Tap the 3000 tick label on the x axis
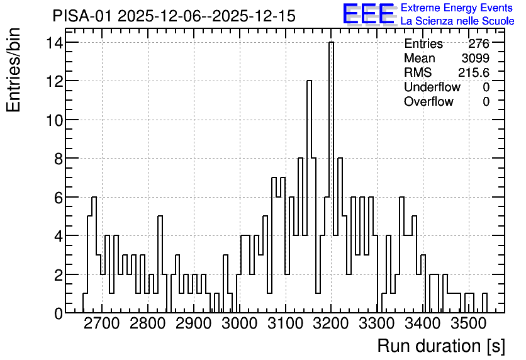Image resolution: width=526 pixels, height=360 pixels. pyautogui.click(x=240, y=323)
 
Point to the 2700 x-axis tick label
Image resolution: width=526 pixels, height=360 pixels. pyautogui.click(x=102, y=323)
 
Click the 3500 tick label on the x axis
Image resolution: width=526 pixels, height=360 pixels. pyautogui.click(x=469, y=323)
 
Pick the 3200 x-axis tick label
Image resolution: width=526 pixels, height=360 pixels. pyautogui.click(x=331, y=323)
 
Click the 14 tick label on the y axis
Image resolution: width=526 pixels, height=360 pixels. pyautogui.click(x=54, y=42)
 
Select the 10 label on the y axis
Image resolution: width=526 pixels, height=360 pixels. pyautogui.click(x=54, y=120)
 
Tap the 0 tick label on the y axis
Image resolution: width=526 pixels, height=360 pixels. pyautogui.click(x=59, y=313)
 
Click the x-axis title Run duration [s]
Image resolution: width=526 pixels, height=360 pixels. pyautogui.click(x=441, y=346)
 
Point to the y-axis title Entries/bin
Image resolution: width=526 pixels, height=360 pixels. pyautogui.click(x=13, y=70)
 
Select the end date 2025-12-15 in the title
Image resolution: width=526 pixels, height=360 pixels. pyautogui.click(x=254, y=16)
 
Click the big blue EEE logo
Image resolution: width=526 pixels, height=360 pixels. pyautogui.click(x=369, y=14)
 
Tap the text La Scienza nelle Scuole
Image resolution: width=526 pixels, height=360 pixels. pyautogui.click(x=457, y=21)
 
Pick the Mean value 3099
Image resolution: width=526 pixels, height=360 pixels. pyautogui.click(x=475, y=58)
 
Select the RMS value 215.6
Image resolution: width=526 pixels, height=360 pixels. pyautogui.click(x=474, y=72)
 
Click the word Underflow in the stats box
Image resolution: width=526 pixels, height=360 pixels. pyautogui.click(x=432, y=87)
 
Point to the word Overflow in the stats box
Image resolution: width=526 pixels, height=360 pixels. pyautogui.click(x=428, y=101)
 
